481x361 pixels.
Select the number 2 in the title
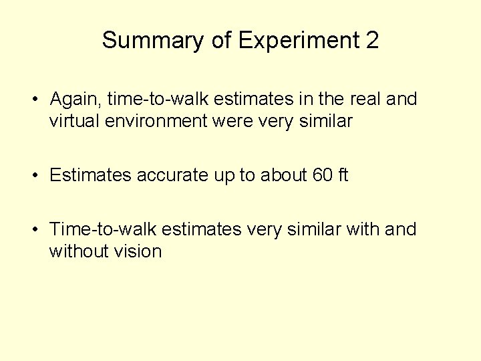pos(371,41)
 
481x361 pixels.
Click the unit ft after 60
pos(343,176)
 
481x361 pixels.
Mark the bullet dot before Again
pos(33,100)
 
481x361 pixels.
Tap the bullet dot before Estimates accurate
pos(33,176)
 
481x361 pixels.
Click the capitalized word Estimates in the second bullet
pos(90,176)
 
